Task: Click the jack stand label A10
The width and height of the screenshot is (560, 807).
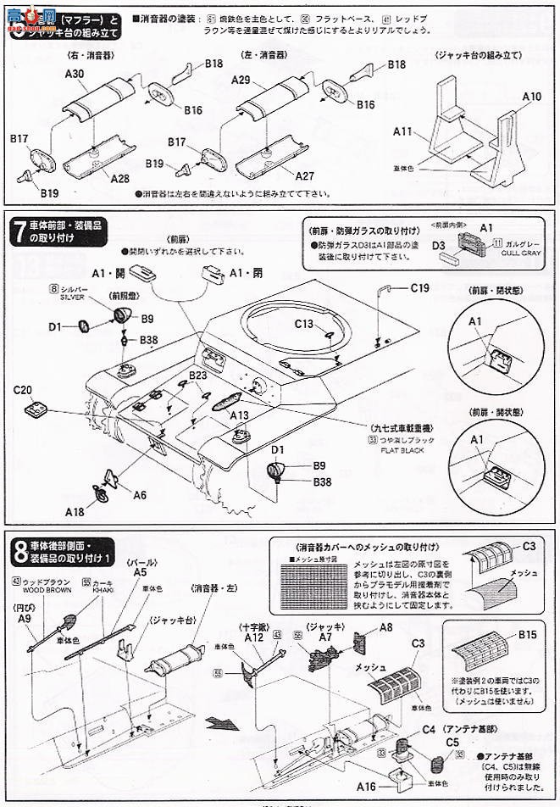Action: tap(531, 97)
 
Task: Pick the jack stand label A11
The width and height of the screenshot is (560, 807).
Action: tap(402, 131)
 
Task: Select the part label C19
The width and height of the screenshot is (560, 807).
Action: tap(419, 288)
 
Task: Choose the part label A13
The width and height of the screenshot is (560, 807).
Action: tap(239, 415)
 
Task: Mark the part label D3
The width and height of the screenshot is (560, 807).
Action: tap(438, 248)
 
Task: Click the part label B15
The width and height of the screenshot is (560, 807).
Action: tap(528, 634)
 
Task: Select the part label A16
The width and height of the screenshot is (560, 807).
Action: tap(366, 787)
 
